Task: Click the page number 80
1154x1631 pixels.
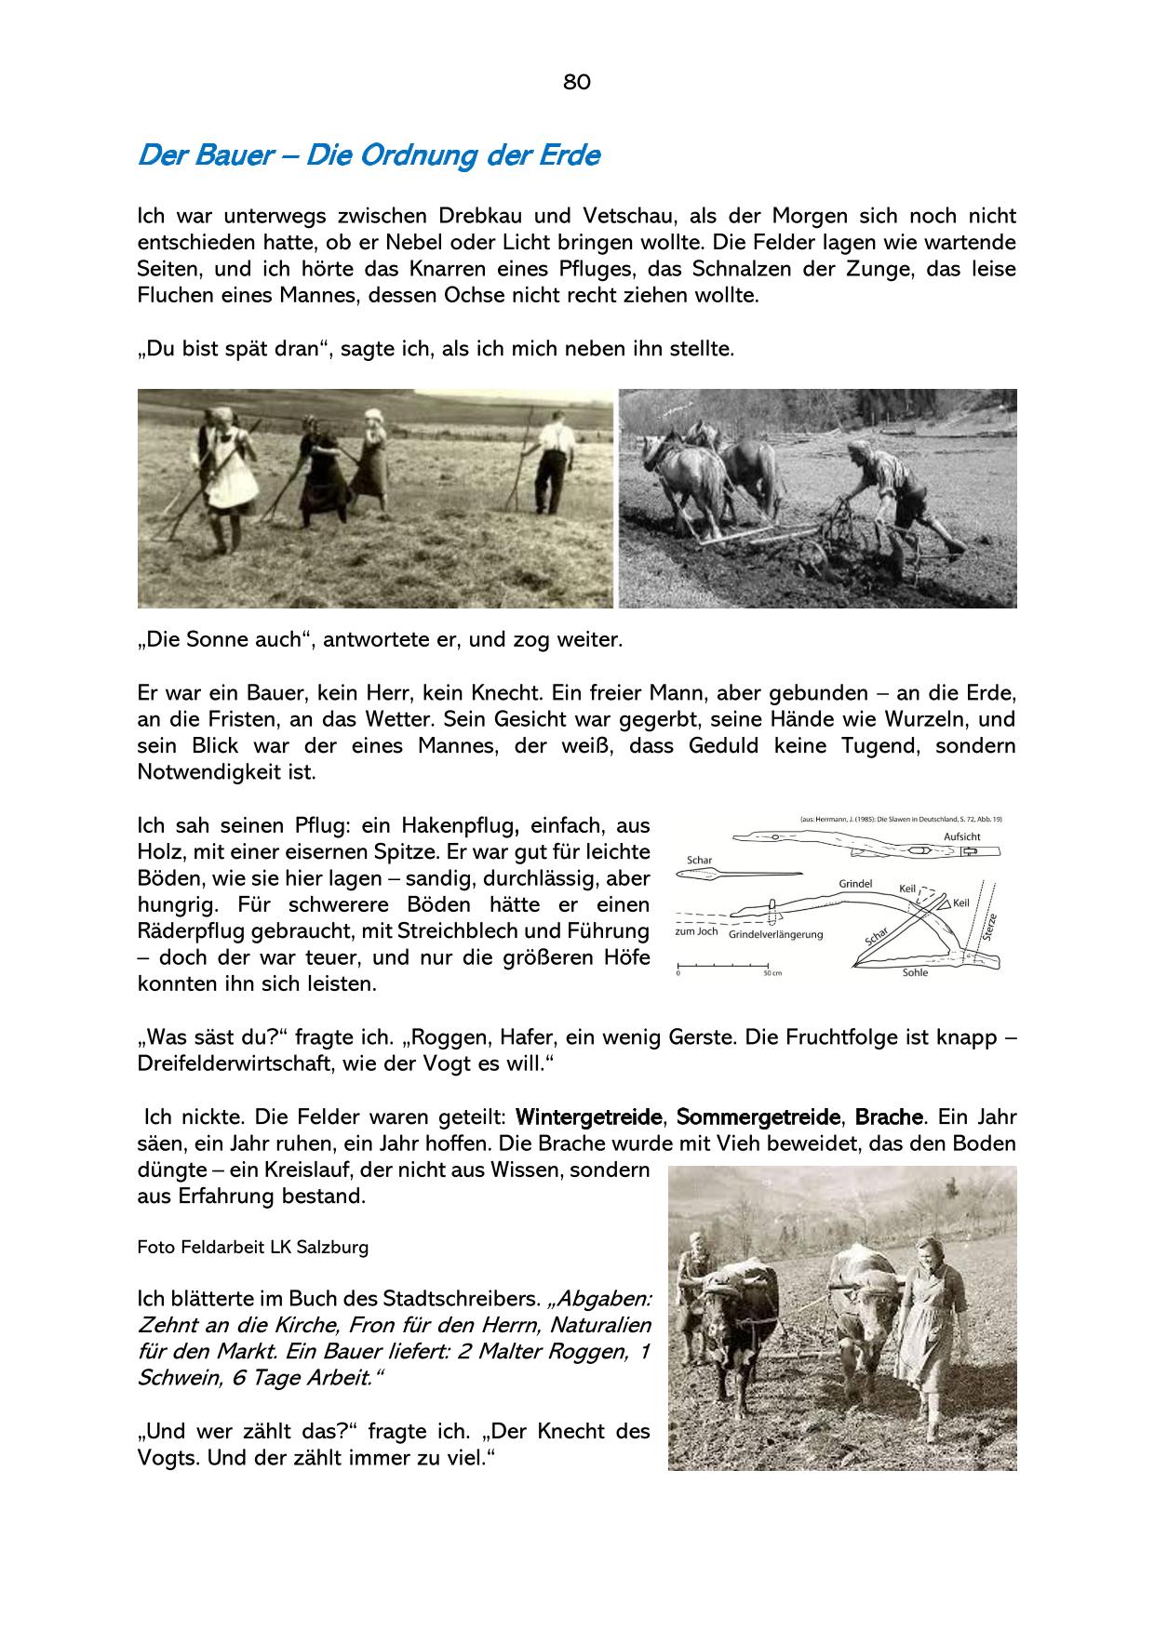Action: point(576,82)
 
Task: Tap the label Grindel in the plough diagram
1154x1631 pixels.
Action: point(854,883)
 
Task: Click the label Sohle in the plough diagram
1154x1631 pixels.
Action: point(915,972)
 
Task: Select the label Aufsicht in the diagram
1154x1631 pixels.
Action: point(961,836)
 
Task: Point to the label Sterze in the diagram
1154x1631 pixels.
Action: point(989,929)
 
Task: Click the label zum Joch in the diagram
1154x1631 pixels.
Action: point(695,932)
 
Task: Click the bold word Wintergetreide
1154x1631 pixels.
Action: point(589,1116)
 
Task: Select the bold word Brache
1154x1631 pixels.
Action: point(889,1116)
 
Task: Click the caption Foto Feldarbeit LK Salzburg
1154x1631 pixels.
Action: point(252,1248)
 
